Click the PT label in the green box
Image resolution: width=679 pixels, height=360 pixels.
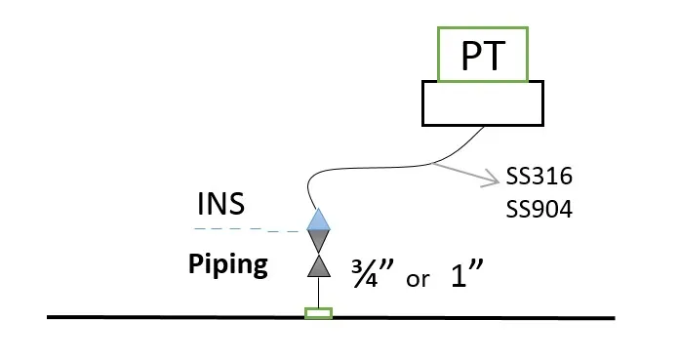[x=483, y=56]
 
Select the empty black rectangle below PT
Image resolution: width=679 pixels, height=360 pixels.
[x=483, y=103]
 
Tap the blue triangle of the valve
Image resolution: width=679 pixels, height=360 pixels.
[x=319, y=220]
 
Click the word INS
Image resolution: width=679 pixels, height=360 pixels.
[x=220, y=203]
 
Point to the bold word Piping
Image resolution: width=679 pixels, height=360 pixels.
[x=227, y=264]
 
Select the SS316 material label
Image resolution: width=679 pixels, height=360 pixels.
[x=539, y=177]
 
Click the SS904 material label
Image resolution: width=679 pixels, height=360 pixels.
[x=539, y=209]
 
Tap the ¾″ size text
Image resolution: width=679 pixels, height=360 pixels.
[x=373, y=273]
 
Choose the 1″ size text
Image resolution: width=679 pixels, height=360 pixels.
[x=466, y=273]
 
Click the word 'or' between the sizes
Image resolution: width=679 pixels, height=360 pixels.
[x=418, y=279]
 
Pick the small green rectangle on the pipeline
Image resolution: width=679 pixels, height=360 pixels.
[x=318, y=313]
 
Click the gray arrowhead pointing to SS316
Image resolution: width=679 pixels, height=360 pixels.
[x=493, y=179]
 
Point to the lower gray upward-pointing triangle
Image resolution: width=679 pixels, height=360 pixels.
[x=319, y=266]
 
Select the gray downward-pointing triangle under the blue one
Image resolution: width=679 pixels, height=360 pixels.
[x=319, y=241]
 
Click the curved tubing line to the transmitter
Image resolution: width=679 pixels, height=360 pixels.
[x=416, y=167]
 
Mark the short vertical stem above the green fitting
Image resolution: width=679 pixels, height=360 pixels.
[x=319, y=293]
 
